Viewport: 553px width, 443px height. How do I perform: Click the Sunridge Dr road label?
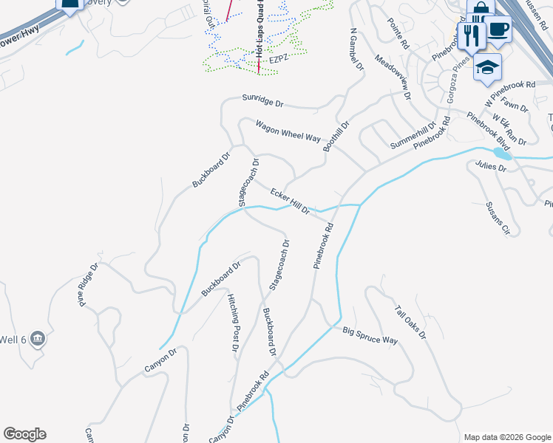click(262, 100)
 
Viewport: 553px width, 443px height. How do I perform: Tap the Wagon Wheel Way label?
click(288, 132)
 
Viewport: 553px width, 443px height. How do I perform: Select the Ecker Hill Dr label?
click(290, 202)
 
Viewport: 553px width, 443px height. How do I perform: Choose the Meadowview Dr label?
click(393, 77)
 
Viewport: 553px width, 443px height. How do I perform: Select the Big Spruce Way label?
click(370, 335)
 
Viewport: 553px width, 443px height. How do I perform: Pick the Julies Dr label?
click(490, 167)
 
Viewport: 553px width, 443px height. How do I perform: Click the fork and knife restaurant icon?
click(470, 33)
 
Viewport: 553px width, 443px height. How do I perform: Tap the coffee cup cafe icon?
click(499, 28)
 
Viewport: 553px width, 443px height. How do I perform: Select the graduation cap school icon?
click(487, 67)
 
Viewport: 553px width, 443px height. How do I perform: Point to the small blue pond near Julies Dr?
click(503, 155)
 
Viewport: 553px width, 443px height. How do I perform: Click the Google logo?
click(25, 434)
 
